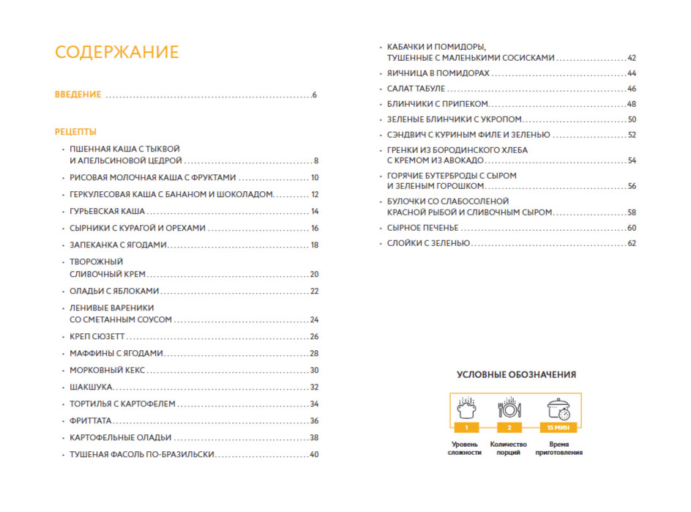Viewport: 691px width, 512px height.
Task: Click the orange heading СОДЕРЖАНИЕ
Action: click(117, 53)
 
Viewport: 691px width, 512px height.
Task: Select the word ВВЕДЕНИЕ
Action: click(78, 95)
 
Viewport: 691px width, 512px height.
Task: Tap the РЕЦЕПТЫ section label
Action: click(75, 132)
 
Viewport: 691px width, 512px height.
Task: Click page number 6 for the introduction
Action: click(314, 95)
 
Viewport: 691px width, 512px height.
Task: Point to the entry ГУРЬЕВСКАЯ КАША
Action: click(102, 211)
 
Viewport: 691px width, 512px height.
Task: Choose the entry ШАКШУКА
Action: click(91, 387)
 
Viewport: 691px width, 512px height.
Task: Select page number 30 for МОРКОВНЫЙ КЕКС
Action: click(314, 370)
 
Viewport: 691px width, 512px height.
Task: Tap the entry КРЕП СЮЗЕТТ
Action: click(97, 336)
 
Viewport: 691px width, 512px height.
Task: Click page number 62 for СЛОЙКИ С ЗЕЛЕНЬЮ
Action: click(632, 243)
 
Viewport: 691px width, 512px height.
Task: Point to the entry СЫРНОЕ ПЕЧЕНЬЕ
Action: click(422, 228)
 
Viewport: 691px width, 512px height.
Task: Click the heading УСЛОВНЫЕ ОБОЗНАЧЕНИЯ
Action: click(516, 374)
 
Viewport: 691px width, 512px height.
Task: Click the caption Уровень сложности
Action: click(465, 448)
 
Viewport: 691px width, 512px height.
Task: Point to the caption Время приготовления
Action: click(559, 448)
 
